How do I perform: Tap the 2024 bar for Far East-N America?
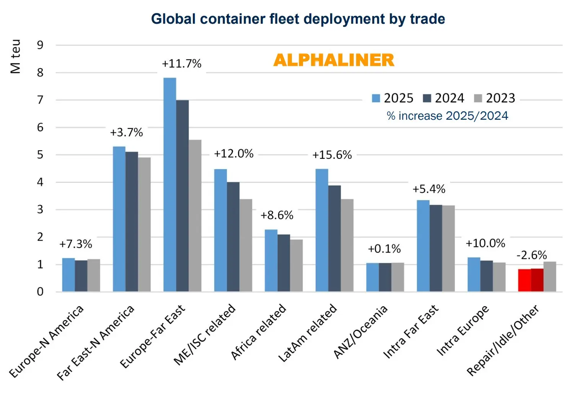pos(132,222)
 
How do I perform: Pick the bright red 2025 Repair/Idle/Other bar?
pos(524,280)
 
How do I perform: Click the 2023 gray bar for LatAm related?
pos(347,245)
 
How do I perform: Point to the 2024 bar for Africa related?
pos(283,263)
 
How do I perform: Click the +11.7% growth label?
pos(181,63)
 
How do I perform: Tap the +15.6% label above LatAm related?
pos(332,155)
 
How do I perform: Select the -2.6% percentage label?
pos(531,255)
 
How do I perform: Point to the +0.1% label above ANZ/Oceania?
pos(384,249)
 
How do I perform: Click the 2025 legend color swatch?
pos(376,98)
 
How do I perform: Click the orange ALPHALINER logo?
pos(334,60)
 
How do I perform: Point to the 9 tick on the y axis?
pos(40,45)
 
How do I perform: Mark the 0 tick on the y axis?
pos(40,292)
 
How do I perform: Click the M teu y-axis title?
pos(15,56)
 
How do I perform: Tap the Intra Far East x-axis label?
pos(411,332)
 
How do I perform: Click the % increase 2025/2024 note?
pos(447,116)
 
